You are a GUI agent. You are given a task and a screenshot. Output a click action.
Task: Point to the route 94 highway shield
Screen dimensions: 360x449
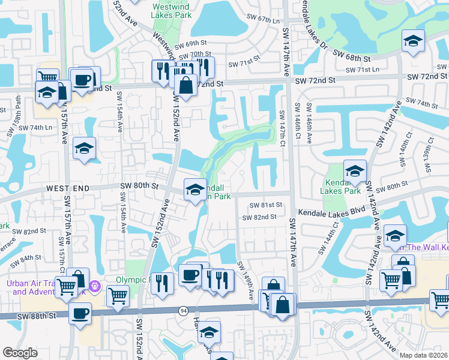pos(183,310)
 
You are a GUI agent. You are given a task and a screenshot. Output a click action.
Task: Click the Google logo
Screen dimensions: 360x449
pos(20,353)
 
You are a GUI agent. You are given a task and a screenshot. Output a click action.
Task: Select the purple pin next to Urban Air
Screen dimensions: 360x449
pos(94,286)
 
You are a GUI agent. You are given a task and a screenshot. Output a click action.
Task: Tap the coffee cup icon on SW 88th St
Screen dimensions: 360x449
pos(80,313)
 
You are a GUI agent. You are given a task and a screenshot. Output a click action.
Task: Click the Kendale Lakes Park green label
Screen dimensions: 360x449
pos(343,187)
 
